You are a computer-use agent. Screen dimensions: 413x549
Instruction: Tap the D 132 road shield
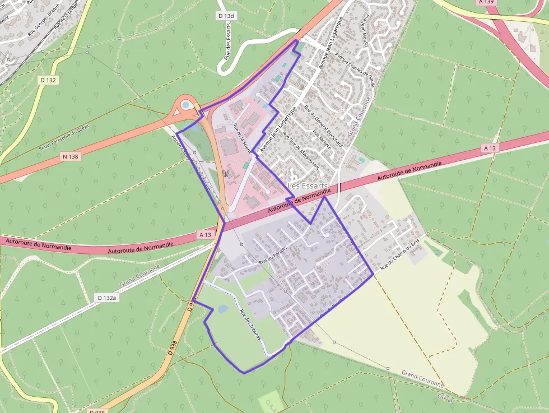click(48, 80)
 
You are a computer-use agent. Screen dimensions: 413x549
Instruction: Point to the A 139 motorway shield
click(486, 2)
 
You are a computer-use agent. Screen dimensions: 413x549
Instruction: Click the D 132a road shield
click(106, 298)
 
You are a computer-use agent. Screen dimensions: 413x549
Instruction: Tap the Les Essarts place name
click(308, 185)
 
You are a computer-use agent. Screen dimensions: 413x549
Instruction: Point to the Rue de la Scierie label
click(243, 140)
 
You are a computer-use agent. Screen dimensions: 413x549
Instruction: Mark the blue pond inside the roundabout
click(185, 105)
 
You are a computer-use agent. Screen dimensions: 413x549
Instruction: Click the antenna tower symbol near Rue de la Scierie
click(226, 173)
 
